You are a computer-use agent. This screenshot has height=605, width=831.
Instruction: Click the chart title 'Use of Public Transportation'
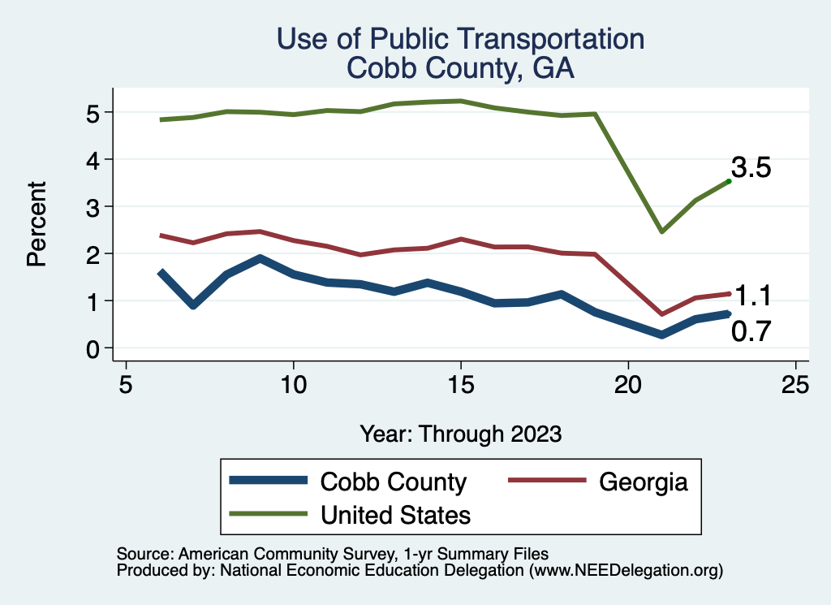coord(460,39)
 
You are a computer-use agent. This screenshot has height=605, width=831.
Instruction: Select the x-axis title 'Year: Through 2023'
coord(460,434)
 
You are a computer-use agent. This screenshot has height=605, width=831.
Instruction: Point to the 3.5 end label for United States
coord(751,168)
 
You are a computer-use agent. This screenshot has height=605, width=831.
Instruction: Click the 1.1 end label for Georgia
coord(752,295)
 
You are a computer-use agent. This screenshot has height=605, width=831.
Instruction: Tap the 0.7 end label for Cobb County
coord(751,331)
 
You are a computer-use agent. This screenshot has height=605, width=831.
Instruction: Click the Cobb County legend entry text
coord(394,482)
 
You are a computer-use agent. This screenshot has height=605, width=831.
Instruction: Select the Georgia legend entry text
coord(644,482)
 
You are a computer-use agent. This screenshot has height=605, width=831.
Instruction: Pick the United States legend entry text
coord(396,514)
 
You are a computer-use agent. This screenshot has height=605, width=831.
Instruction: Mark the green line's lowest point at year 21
coord(662,231)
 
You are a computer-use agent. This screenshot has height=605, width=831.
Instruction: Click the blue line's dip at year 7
coord(193,305)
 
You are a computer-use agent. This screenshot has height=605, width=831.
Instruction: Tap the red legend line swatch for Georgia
coord(547,482)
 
